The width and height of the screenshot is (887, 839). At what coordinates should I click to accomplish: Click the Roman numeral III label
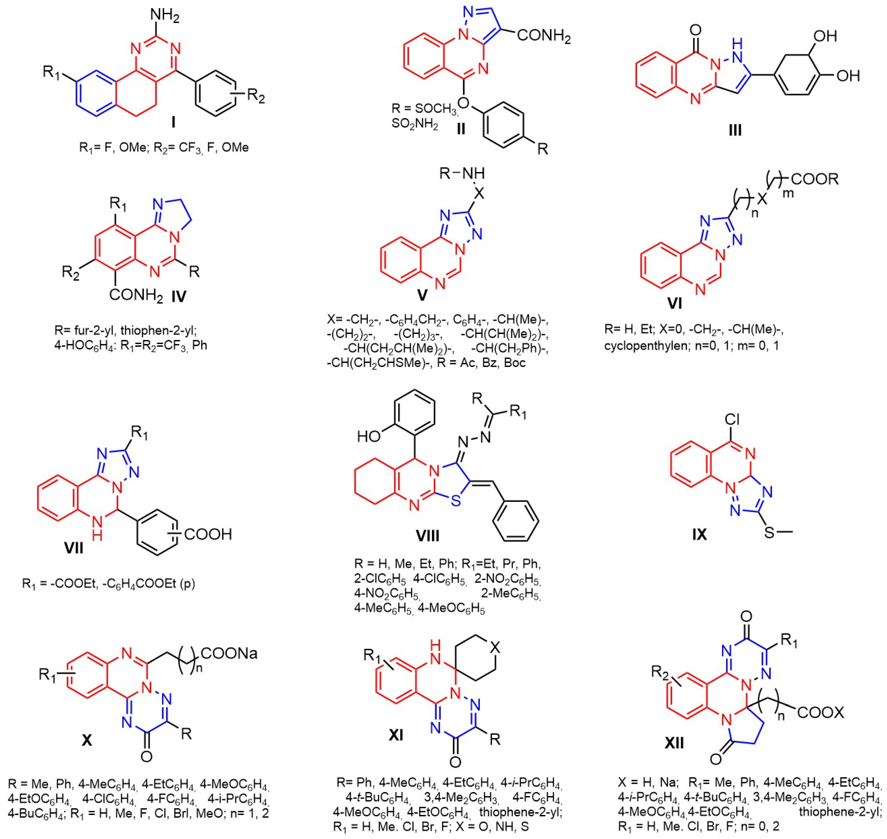(735, 130)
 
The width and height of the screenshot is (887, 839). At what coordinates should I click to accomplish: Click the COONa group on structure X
(229, 654)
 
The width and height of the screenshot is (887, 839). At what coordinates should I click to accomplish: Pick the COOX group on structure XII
(820, 712)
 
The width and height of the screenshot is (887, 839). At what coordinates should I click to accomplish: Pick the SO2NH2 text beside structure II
(415, 124)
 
